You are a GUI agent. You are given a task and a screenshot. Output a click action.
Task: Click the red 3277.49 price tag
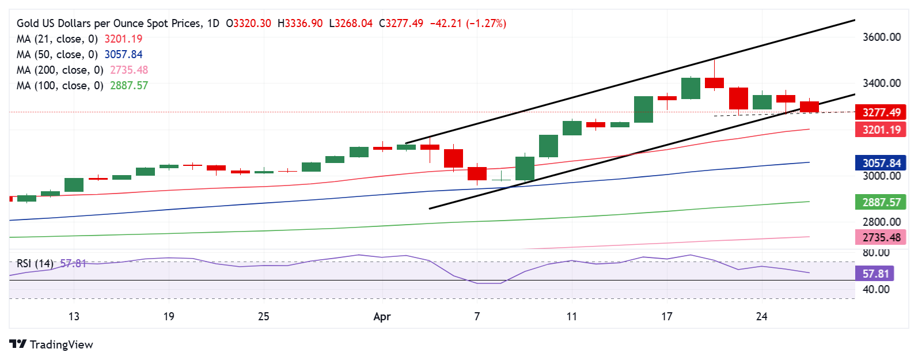tap(881, 112)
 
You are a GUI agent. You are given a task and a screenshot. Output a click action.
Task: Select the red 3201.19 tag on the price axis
tap(881, 130)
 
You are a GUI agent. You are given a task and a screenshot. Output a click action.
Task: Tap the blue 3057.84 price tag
tap(881, 163)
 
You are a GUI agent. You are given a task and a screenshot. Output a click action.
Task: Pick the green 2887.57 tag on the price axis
tap(881, 202)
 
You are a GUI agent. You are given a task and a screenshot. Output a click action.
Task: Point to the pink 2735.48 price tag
tap(881, 237)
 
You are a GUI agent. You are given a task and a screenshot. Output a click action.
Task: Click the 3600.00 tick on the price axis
tap(881, 37)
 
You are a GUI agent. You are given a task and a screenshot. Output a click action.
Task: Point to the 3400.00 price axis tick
tap(881, 83)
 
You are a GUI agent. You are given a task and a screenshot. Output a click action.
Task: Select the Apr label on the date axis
tap(382, 317)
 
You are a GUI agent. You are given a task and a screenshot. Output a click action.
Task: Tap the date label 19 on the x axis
tap(169, 317)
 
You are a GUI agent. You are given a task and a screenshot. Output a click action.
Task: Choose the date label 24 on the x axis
tap(761, 317)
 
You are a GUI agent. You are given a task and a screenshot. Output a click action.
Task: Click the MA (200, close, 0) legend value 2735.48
tap(129, 70)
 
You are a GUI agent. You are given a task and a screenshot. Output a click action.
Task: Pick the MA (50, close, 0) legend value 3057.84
tap(123, 55)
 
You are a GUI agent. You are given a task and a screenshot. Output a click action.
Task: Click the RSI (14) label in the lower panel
tap(35, 264)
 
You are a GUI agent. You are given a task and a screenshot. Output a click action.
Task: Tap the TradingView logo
tap(51, 344)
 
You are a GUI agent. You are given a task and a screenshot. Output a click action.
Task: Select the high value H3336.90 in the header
tap(300, 24)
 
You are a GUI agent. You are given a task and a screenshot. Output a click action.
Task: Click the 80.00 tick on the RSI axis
tap(875, 253)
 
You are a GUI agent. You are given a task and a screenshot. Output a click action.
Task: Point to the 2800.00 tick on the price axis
tap(881, 222)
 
